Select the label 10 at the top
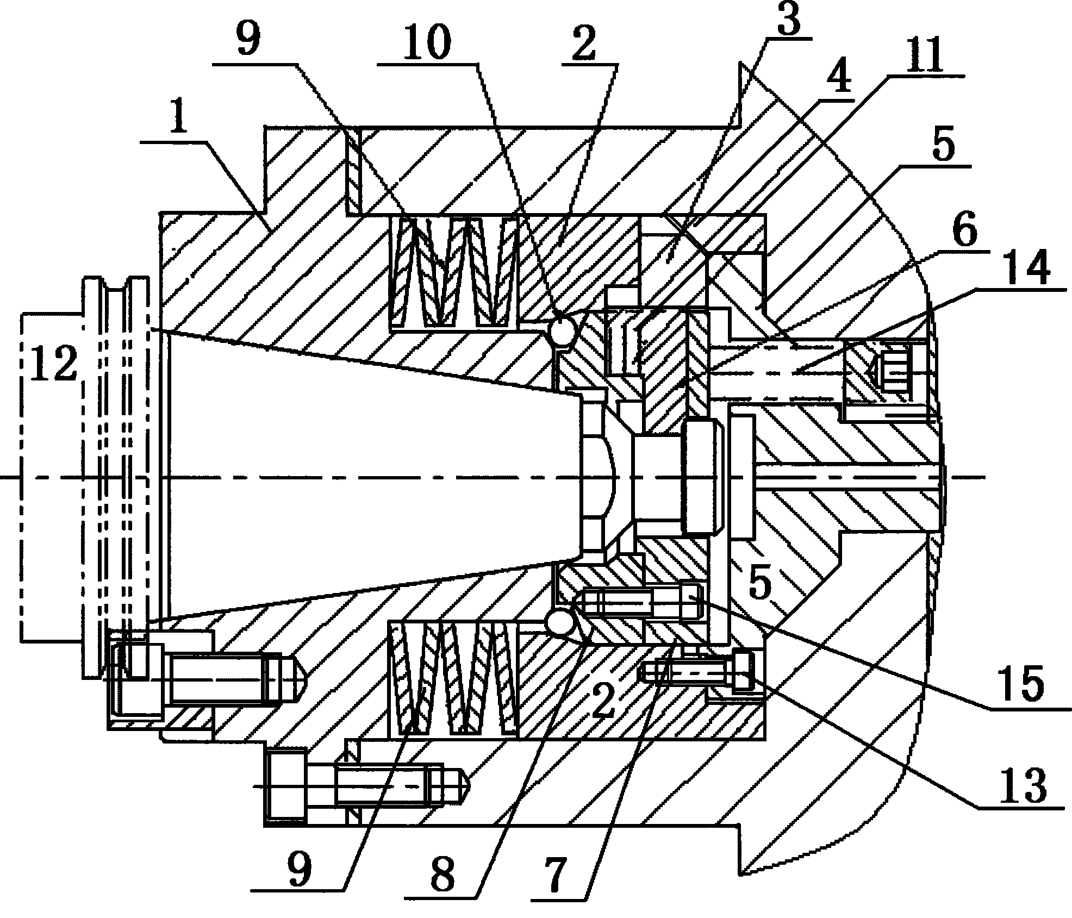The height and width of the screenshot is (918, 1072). click(x=427, y=42)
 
